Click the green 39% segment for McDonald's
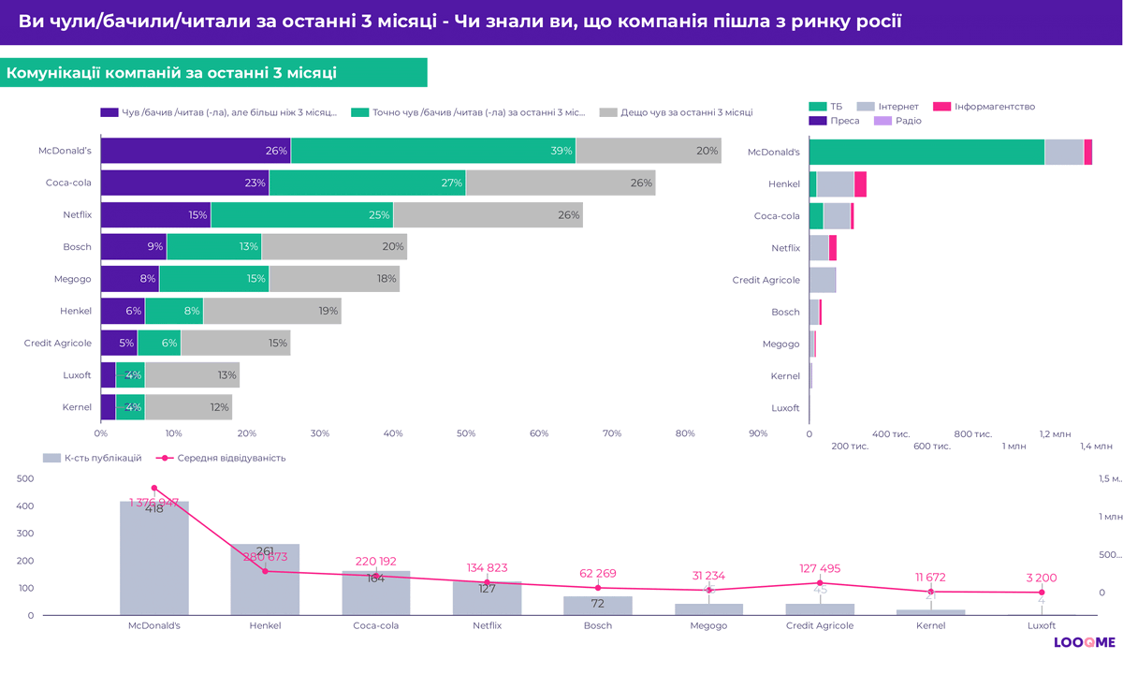433,151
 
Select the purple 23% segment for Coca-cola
184,183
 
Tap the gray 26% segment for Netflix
488,215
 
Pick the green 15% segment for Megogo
213,279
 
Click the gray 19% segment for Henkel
271,311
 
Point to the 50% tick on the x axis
466,433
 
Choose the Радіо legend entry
898,121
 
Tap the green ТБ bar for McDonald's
926,152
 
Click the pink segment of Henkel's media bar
860,183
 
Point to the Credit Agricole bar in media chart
823,280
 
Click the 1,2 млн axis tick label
1056,434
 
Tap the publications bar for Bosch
598,606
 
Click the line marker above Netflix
487,583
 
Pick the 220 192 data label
376,562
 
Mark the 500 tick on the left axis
26,478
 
